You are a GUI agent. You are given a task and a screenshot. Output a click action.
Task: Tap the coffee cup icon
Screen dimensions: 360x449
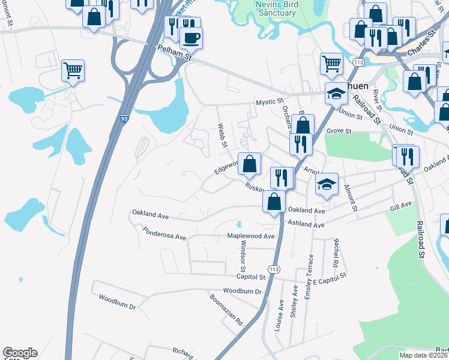click(x=191, y=38)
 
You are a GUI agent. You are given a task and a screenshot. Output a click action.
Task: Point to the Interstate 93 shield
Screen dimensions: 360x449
click(x=124, y=119)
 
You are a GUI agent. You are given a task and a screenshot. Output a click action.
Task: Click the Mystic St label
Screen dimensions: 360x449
click(x=268, y=103)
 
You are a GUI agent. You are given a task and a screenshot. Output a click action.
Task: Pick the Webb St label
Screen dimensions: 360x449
click(x=222, y=136)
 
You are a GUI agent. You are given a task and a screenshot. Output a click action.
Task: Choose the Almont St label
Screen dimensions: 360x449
click(x=350, y=199)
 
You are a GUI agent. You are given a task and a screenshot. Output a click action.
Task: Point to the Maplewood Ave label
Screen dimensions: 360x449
click(x=250, y=236)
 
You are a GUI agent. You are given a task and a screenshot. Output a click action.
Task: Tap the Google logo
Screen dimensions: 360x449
click(x=19, y=353)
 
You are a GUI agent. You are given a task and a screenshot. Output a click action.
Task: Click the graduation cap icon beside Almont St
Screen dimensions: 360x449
click(x=327, y=184)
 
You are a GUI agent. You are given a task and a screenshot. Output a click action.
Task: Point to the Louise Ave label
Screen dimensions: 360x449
click(x=279, y=316)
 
